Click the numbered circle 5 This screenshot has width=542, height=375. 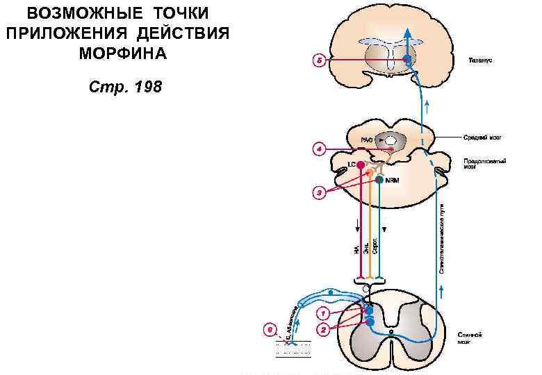318,61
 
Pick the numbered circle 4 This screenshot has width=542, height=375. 318,149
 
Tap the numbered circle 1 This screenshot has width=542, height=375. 324,313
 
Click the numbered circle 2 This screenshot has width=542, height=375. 323,331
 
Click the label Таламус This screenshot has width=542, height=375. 479,61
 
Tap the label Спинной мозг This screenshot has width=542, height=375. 469,338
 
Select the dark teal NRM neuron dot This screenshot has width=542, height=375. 379,180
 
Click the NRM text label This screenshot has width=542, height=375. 392,181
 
